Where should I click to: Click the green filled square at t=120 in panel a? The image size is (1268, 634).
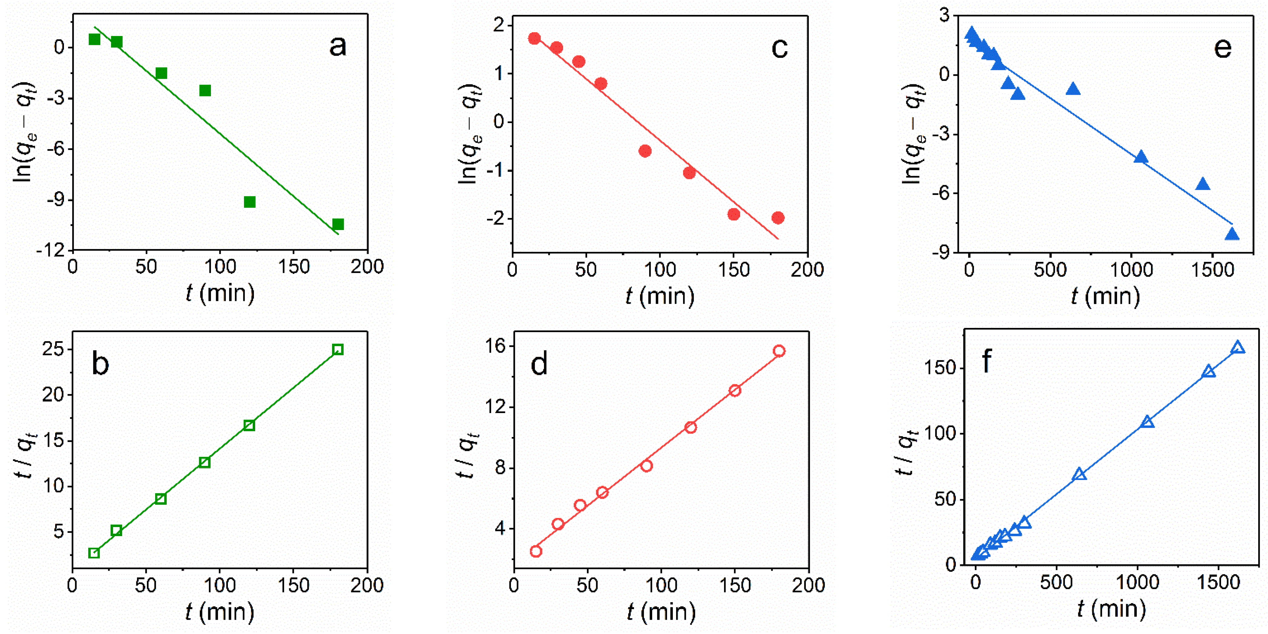click(249, 202)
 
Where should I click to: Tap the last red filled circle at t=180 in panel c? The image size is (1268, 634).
click(778, 218)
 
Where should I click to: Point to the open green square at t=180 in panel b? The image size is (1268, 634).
click(338, 349)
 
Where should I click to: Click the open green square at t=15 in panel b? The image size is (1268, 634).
click(94, 553)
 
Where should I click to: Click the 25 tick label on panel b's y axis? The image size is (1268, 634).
click(53, 349)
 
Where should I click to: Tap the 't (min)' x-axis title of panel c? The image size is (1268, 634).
click(659, 297)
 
